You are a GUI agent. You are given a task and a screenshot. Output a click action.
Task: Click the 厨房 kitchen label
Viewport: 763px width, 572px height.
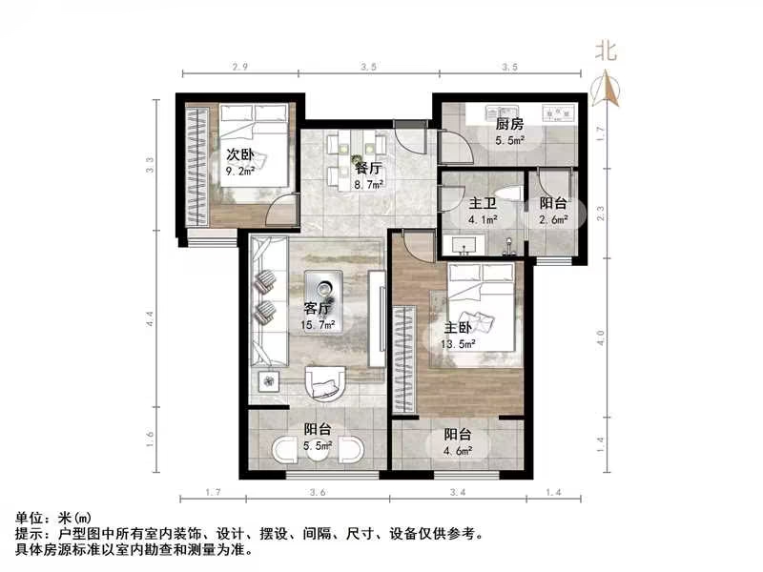pos(508,124)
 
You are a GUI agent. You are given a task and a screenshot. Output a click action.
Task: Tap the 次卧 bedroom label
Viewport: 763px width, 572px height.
pos(239,154)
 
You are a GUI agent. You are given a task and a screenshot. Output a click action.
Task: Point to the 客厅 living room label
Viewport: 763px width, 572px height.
pos(319,308)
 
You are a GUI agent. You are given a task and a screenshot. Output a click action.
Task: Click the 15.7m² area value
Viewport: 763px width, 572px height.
pos(319,325)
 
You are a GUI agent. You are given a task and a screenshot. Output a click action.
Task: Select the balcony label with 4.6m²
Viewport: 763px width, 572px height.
pos(460,435)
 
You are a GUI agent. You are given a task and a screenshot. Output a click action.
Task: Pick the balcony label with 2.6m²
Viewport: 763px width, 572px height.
pos(553,203)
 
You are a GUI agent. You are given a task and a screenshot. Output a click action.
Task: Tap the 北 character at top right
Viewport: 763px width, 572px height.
pos(606,51)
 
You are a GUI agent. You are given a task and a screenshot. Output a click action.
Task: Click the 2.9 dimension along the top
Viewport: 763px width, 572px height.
pos(239,68)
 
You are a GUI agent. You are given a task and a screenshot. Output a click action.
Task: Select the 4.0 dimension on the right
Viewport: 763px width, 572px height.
pos(600,338)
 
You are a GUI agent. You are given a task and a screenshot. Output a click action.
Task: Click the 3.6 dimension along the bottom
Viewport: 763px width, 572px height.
pos(318,493)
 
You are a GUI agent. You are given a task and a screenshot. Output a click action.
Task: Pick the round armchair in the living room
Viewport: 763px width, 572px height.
pos(328,383)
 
